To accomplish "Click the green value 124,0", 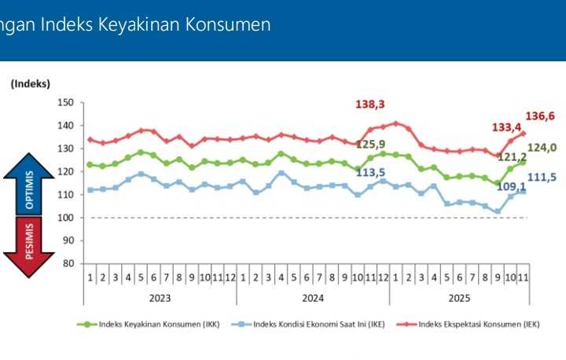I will [x=542, y=147].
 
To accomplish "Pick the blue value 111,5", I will [x=542, y=178].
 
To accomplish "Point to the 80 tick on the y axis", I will [x=68, y=263].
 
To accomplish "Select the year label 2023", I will [x=160, y=298].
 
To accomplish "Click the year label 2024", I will [x=313, y=298].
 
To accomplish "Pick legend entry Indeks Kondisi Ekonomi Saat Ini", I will [x=318, y=324].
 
